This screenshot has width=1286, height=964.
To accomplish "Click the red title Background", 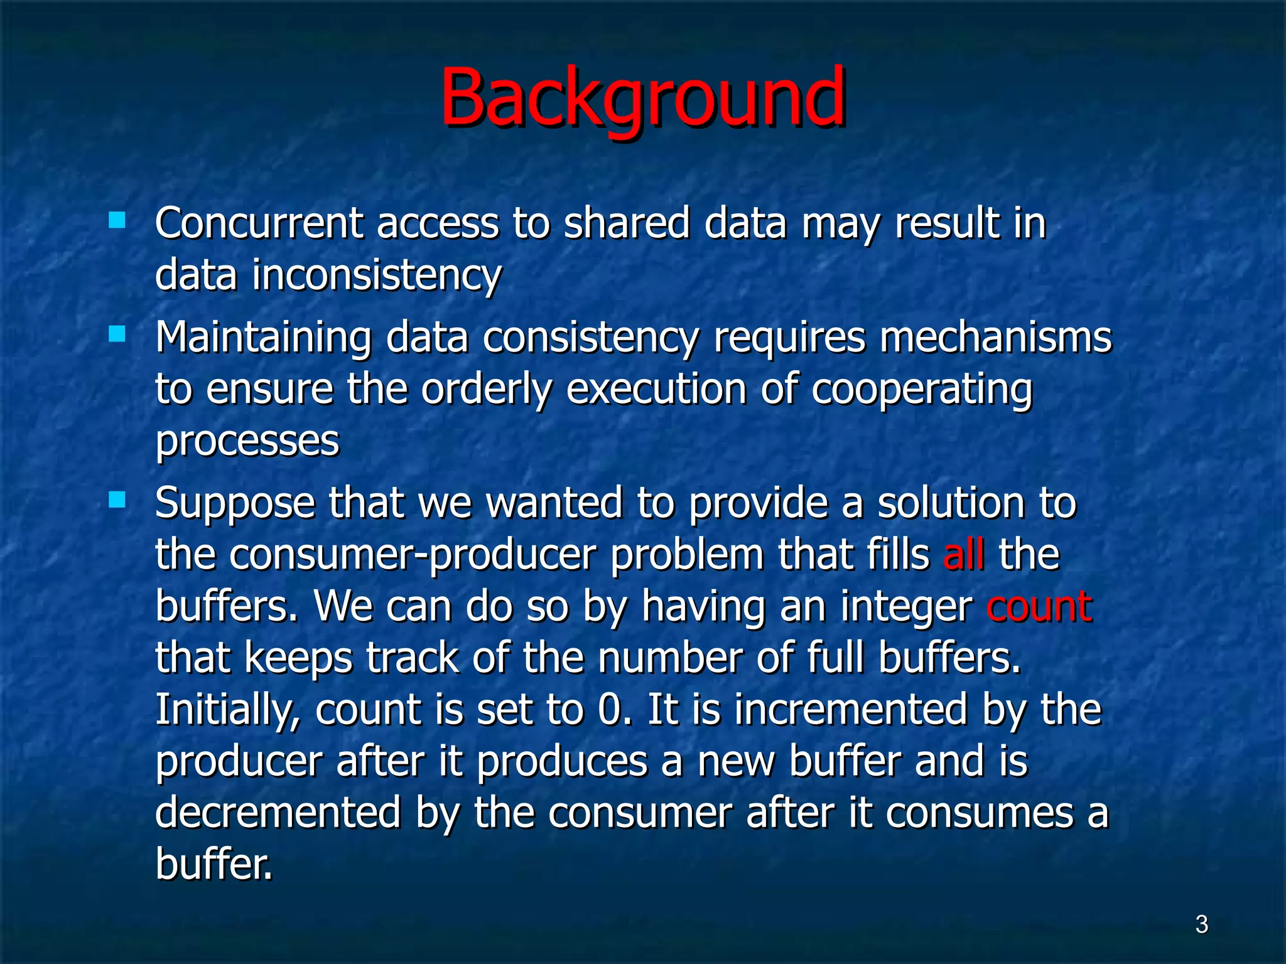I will (x=642, y=99).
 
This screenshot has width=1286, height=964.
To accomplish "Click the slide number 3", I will (x=1201, y=924).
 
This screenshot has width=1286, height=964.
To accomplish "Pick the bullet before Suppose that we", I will (x=117, y=500).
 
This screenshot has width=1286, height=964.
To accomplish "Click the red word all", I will (x=963, y=555).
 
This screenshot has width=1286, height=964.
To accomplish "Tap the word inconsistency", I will (x=376, y=276).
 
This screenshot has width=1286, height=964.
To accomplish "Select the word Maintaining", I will (x=263, y=338).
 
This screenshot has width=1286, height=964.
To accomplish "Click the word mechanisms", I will (x=995, y=338).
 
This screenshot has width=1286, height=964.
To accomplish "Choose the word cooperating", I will (x=921, y=390).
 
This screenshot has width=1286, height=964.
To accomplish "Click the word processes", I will (x=247, y=442).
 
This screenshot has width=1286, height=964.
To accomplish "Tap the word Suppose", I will (x=235, y=504).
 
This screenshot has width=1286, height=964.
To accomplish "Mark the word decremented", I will (x=278, y=813).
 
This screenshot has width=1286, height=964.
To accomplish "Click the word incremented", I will (x=851, y=710).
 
